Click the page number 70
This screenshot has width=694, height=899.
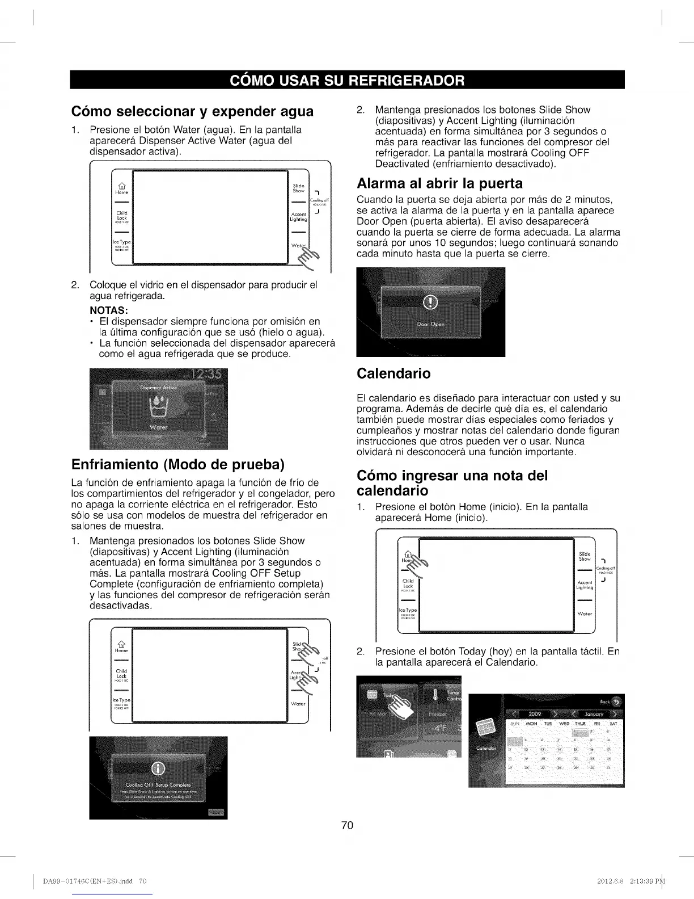347,825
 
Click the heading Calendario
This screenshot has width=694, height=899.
393,373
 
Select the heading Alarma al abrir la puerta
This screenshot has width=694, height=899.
439,183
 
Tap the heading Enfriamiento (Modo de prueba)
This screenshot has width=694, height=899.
177,464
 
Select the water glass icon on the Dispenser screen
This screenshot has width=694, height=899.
158,406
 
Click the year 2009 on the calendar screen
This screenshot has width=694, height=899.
535,713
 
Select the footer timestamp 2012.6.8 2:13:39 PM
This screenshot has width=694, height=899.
629,881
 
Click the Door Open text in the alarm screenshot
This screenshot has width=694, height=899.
430,325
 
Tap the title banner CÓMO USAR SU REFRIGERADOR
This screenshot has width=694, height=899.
347,80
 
